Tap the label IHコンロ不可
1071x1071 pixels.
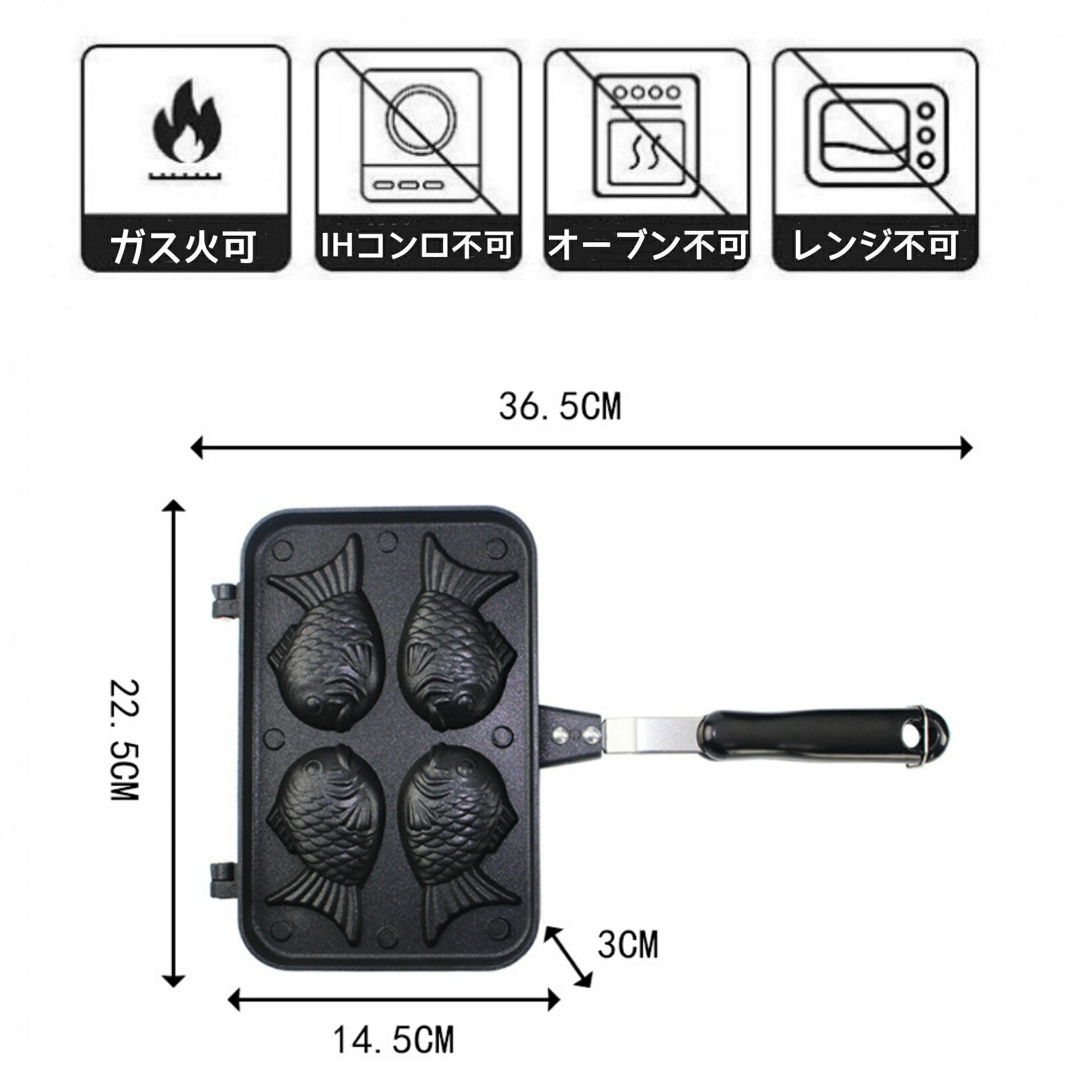(418, 244)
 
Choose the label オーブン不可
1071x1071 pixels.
(647, 244)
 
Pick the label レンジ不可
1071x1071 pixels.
(876, 245)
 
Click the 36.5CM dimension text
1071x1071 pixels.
(560, 406)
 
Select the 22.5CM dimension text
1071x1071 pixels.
(125, 740)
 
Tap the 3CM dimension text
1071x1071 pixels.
(628, 944)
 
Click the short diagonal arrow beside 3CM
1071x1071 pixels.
(568, 957)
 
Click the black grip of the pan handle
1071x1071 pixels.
(823, 736)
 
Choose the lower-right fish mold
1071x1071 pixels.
(458, 834)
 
